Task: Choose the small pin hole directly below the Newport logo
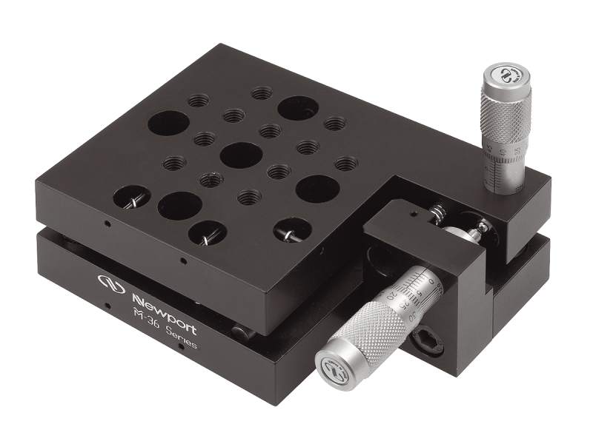click(x=108, y=306)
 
